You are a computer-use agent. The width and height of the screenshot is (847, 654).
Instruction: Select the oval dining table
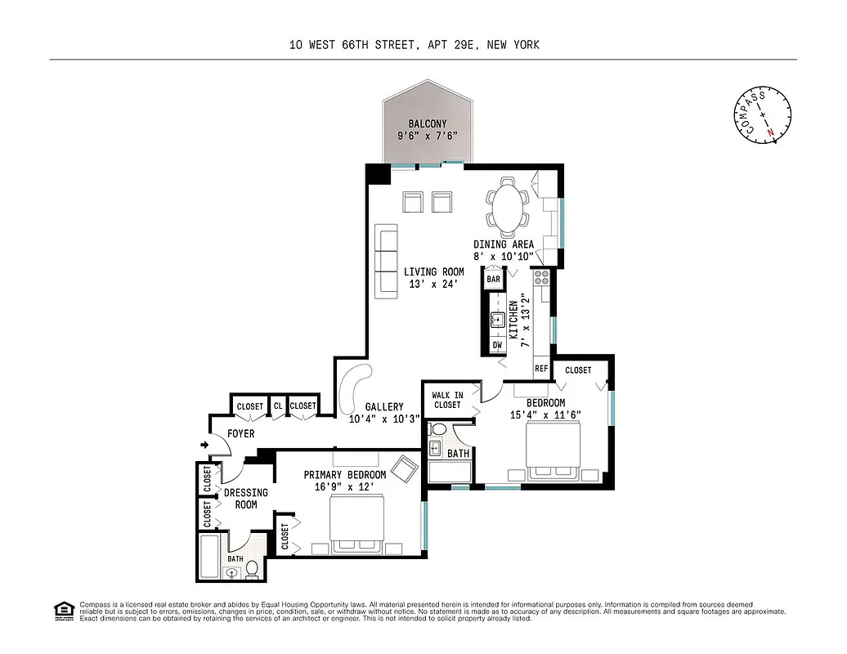(x=509, y=208)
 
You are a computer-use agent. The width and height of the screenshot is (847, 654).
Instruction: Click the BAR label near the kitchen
(x=493, y=280)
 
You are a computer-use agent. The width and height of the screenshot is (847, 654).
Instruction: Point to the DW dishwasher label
(x=496, y=346)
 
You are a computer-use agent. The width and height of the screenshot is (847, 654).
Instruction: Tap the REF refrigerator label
(x=540, y=369)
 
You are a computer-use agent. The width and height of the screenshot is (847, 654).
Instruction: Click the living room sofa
(x=386, y=261)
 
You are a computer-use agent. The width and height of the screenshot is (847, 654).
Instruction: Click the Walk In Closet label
(x=447, y=400)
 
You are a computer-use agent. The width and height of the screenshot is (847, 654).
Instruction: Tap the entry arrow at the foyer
(x=204, y=445)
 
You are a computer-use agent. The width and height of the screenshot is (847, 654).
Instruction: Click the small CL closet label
(x=278, y=406)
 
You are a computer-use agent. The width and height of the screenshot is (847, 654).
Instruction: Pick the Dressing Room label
(x=246, y=499)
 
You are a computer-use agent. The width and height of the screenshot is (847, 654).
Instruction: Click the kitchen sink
(x=496, y=320)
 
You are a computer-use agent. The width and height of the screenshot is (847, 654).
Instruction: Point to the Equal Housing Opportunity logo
(x=62, y=610)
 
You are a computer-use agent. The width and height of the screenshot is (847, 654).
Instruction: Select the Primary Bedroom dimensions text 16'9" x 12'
(x=344, y=487)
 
